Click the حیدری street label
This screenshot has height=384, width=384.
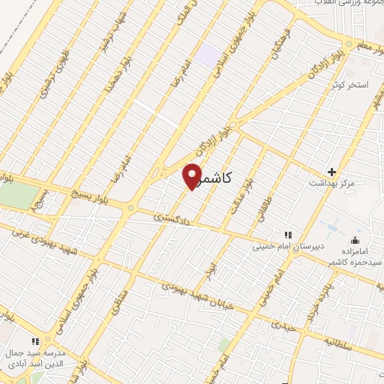283,326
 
